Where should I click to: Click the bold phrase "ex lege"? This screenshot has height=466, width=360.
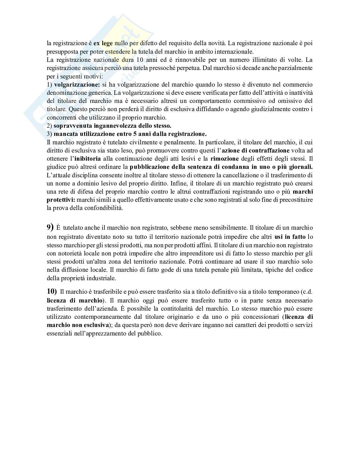103,43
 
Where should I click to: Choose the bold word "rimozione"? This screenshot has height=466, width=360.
225,158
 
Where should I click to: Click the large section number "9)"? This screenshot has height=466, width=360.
50,227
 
